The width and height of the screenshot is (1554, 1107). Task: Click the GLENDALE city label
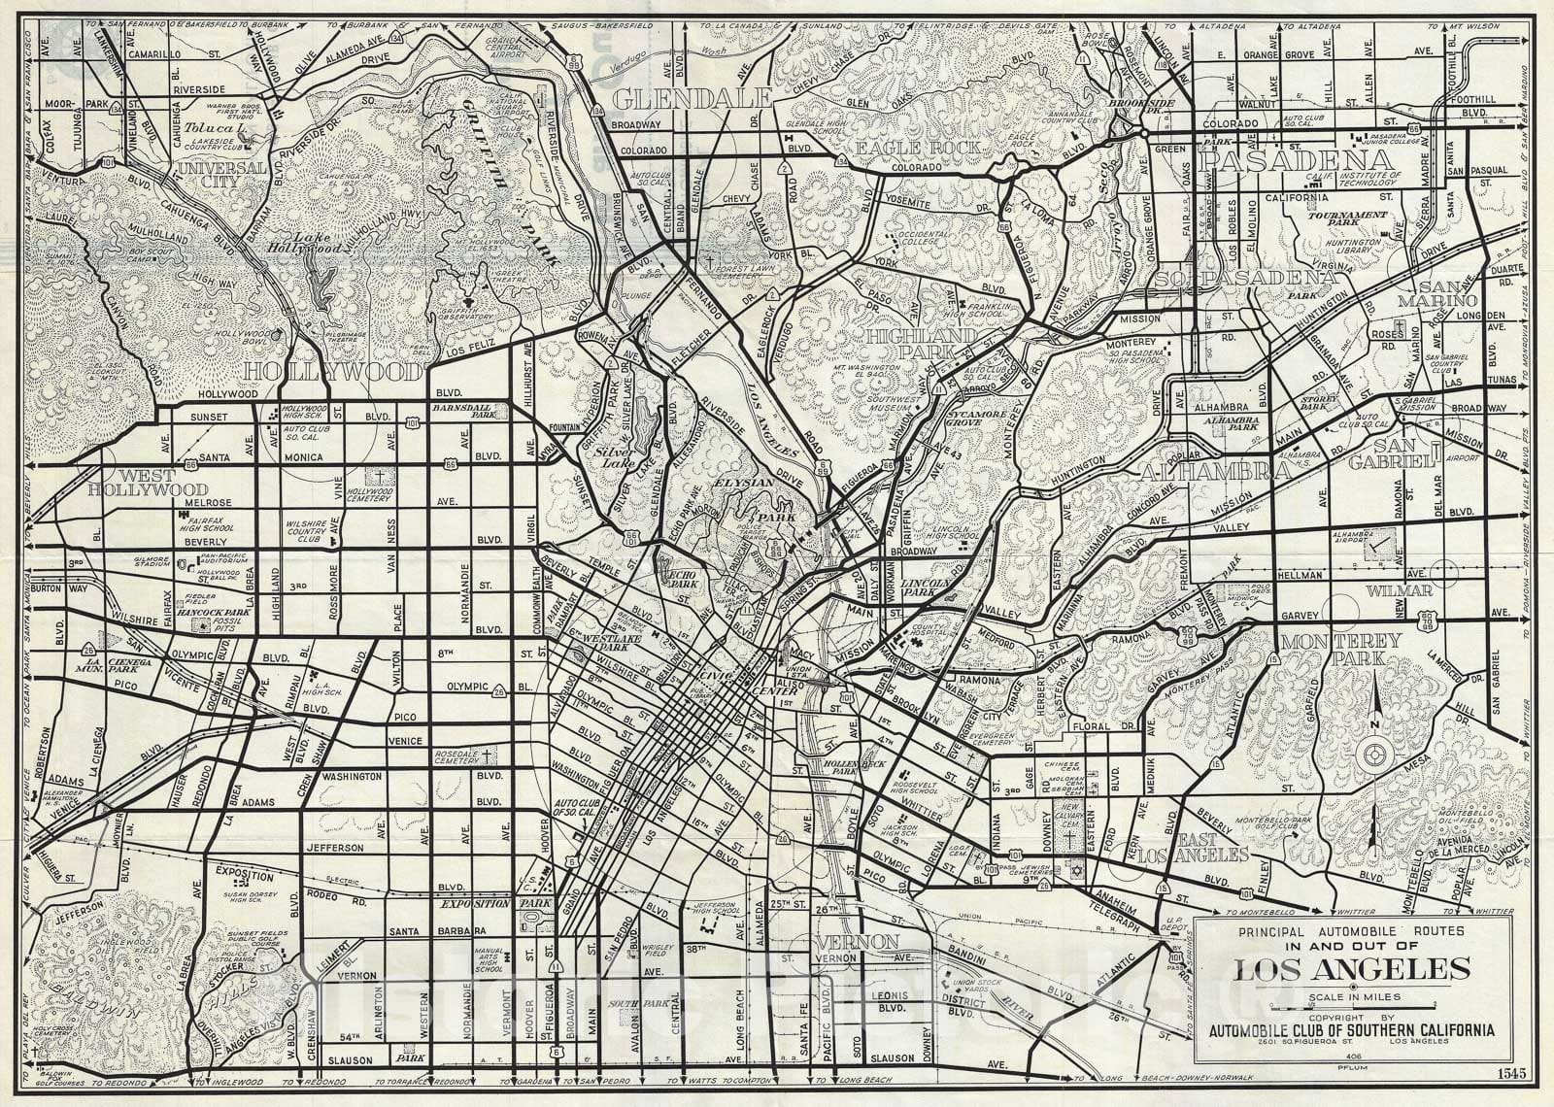point(693,99)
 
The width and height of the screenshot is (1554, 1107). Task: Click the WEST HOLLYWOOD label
point(148,483)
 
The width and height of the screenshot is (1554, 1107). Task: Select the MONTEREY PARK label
point(1340,651)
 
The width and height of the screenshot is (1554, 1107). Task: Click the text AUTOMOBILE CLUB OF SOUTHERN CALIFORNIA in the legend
point(1351,1030)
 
